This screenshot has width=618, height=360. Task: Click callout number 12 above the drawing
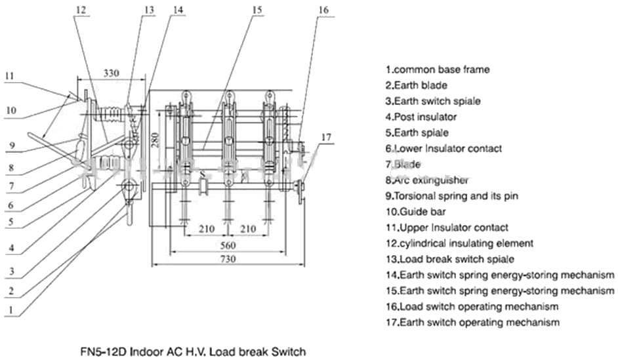tap(80, 10)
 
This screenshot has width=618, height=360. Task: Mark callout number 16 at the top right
tap(322, 10)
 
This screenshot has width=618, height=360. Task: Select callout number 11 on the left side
tap(9, 75)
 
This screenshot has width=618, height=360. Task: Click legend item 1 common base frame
tap(437, 69)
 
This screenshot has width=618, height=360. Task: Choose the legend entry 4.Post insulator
tap(421, 117)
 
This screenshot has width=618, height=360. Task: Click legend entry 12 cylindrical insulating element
tap(459, 243)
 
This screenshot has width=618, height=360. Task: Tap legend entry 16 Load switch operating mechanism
tap(472, 306)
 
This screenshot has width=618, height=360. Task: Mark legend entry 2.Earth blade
tap(416, 85)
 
